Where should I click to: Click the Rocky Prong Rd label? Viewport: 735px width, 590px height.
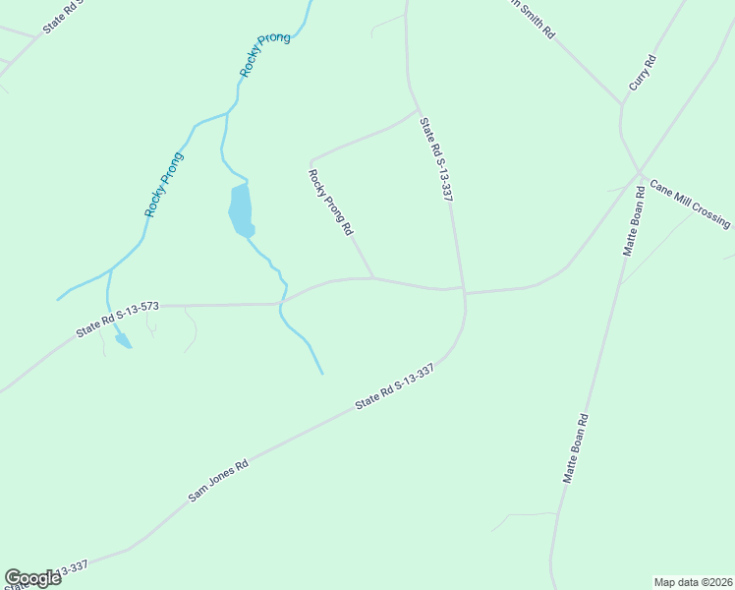click(x=331, y=204)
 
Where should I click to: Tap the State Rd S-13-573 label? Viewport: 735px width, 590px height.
click(x=117, y=321)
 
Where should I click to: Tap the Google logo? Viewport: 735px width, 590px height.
click(x=32, y=578)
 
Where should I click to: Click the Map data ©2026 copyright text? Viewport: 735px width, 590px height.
click(x=693, y=581)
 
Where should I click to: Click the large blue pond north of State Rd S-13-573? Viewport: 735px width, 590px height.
click(x=240, y=208)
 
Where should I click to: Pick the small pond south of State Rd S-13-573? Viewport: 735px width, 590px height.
click(x=123, y=341)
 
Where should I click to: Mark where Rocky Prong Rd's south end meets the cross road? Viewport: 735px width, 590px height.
click(x=373, y=277)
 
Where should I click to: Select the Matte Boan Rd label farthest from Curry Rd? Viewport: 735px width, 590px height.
click(x=575, y=447)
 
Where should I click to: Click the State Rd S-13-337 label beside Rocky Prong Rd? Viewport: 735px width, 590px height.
click(x=435, y=160)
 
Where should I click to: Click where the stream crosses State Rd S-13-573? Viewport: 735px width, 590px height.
click(x=281, y=304)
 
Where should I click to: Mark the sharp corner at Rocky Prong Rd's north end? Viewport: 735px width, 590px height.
click(x=311, y=160)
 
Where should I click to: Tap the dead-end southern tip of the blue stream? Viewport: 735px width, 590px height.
click(x=322, y=374)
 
